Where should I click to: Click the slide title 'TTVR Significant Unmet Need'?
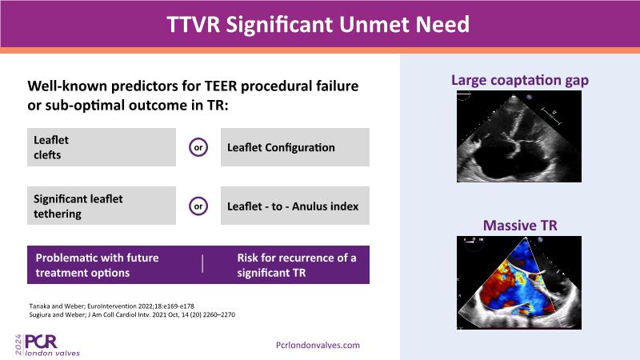click(x=318, y=24)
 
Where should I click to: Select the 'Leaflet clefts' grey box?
click(x=102, y=147)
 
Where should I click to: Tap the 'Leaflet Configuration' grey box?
click(x=295, y=147)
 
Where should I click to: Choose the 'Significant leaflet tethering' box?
click(x=102, y=206)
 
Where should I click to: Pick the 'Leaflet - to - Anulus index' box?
click(x=295, y=206)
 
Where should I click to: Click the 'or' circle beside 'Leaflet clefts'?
click(x=198, y=147)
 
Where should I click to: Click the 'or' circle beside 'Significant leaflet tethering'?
click(x=198, y=206)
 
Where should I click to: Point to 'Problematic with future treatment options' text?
click(x=97, y=265)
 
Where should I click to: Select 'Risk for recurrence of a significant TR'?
click(x=297, y=265)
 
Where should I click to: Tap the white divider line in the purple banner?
click(x=202, y=264)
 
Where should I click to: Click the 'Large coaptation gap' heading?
click(x=519, y=80)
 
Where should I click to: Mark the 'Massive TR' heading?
click(x=520, y=226)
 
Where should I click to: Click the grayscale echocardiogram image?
click(x=519, y=136)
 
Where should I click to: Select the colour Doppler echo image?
click(x=519, y=282)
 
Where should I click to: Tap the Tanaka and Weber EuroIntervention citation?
click(x=111, y=306)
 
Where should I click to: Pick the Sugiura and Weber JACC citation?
click(x=132, y=314)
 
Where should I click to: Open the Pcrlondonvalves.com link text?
click(x=318, y=346)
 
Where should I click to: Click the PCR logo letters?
click(x=42, y=342)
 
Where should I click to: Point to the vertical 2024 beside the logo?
click(x=18, y=345)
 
